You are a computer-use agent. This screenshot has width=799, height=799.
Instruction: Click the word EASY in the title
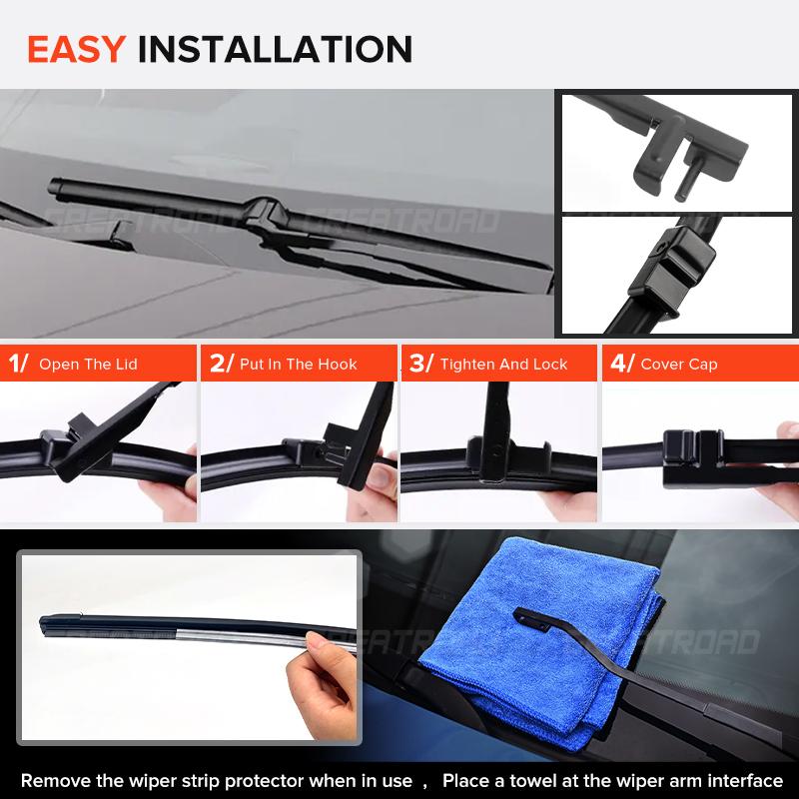[76, 48]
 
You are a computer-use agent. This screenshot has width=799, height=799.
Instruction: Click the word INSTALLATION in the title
[274, 48]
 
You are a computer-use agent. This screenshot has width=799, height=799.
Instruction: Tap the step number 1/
[18, 364]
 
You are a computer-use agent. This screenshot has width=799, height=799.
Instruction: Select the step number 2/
[220, 364]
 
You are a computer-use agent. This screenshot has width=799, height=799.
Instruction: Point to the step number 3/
[420, 364]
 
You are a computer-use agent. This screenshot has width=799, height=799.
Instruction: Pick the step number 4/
[621, 364]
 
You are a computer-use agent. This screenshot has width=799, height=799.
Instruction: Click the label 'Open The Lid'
[88, 365]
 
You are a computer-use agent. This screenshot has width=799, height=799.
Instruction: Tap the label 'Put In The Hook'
[298, 365]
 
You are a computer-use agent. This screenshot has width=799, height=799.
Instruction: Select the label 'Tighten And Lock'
[503, 365]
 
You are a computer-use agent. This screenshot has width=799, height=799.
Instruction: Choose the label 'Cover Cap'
[678, 365]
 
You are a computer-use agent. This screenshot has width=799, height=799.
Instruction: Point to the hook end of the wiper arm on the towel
[521, 612]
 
